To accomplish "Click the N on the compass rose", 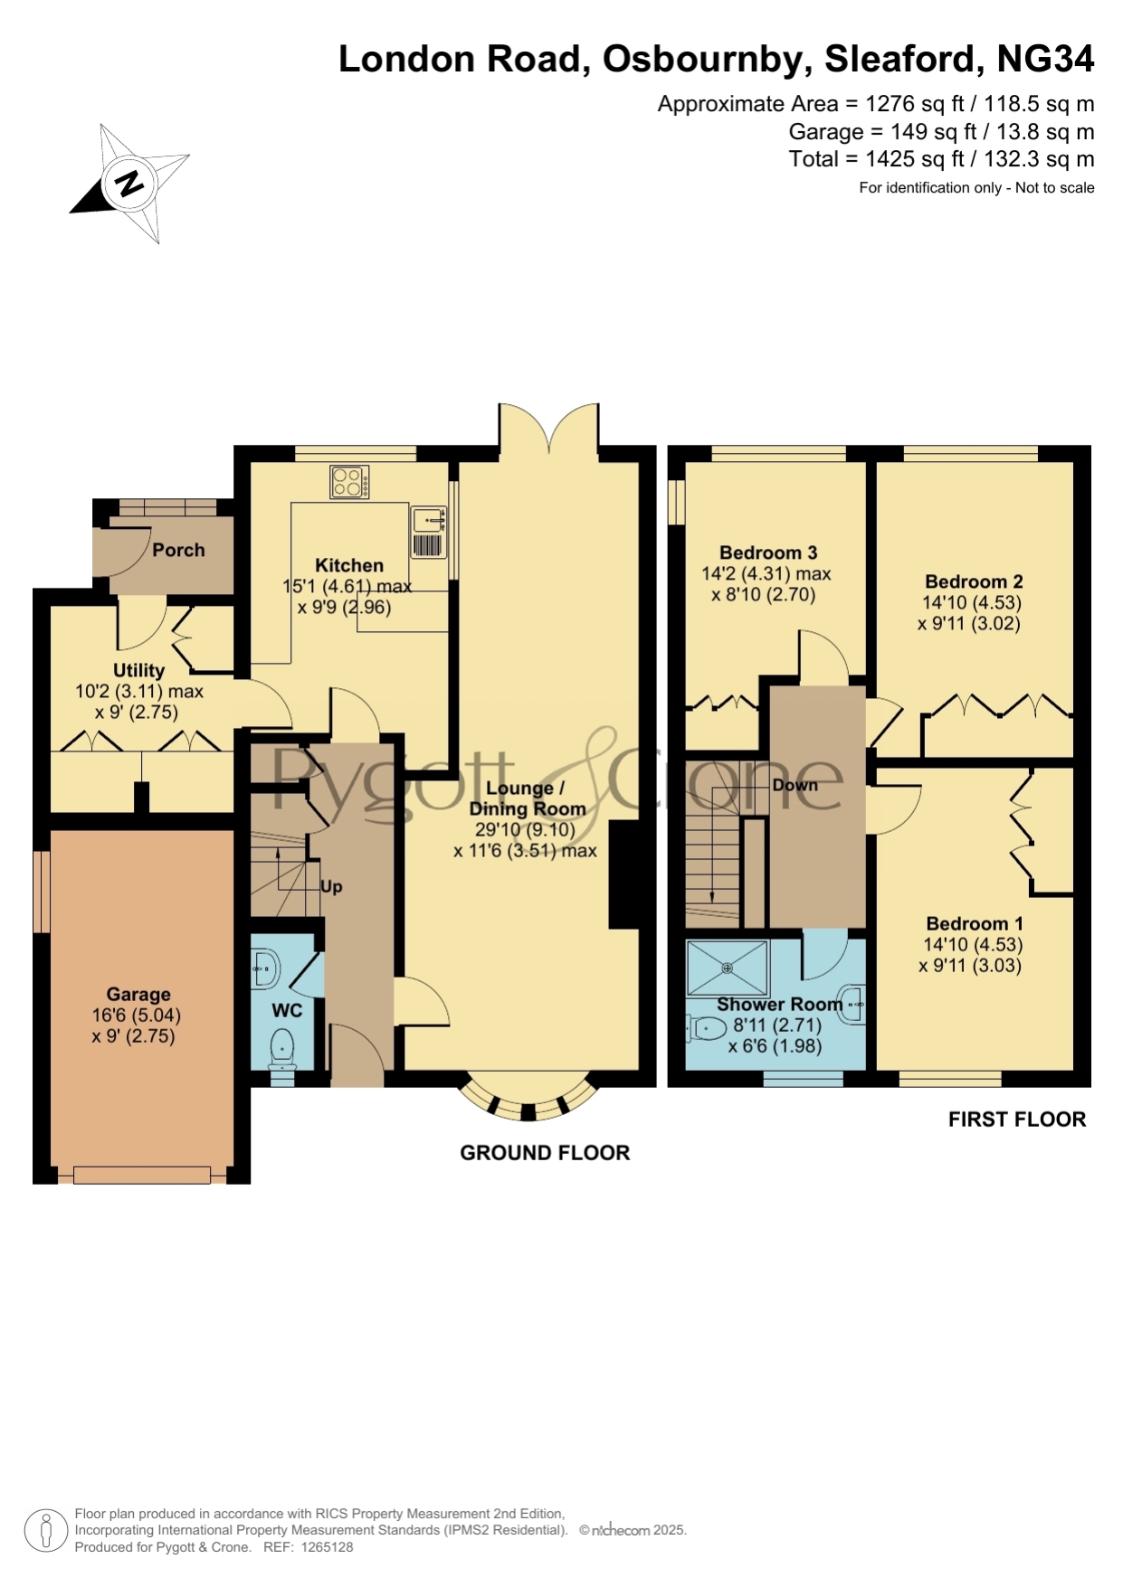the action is [x=129, y=184].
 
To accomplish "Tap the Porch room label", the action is [x=178, y=550].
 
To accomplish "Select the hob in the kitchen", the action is [x=349, y=481].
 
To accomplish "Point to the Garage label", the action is [x=138, y=994].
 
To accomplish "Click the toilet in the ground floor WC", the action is [x=282, y=1049].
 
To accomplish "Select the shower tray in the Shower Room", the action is [x=728, y=968].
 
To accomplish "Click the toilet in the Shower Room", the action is [x=708, y=1028].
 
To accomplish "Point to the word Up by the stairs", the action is [x=331, y=886].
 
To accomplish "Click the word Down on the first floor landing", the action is [x=795, y=785].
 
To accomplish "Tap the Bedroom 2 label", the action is [x=974, y=581].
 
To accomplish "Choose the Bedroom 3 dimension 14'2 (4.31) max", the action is [x=766, y=573].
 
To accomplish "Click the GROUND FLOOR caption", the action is [x=545, y=1153].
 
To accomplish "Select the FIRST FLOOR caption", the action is [x=1017, y=1119].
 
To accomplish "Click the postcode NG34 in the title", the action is [x=1045, y=59].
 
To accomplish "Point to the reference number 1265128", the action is [x=326, y=1547].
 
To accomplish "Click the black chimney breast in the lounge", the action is [x=624, y=874].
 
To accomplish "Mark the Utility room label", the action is [x=138, y=670].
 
